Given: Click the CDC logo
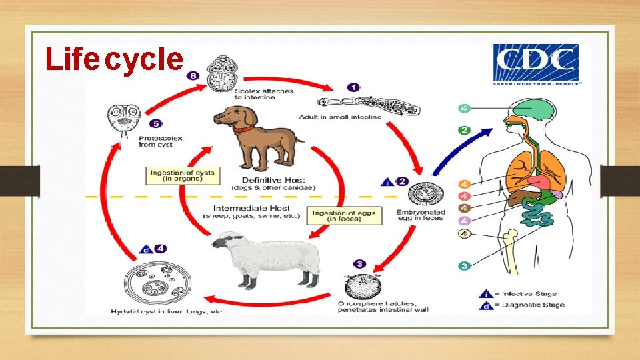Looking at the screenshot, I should (536, 65).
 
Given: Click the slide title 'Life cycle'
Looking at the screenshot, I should (113, 59).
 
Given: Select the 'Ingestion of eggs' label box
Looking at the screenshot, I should (343, 216).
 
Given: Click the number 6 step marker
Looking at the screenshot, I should (194, 76).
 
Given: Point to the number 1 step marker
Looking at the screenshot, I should (353, 87).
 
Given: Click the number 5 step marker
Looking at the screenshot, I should (156, 123).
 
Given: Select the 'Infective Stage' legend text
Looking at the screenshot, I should (529, 293).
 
